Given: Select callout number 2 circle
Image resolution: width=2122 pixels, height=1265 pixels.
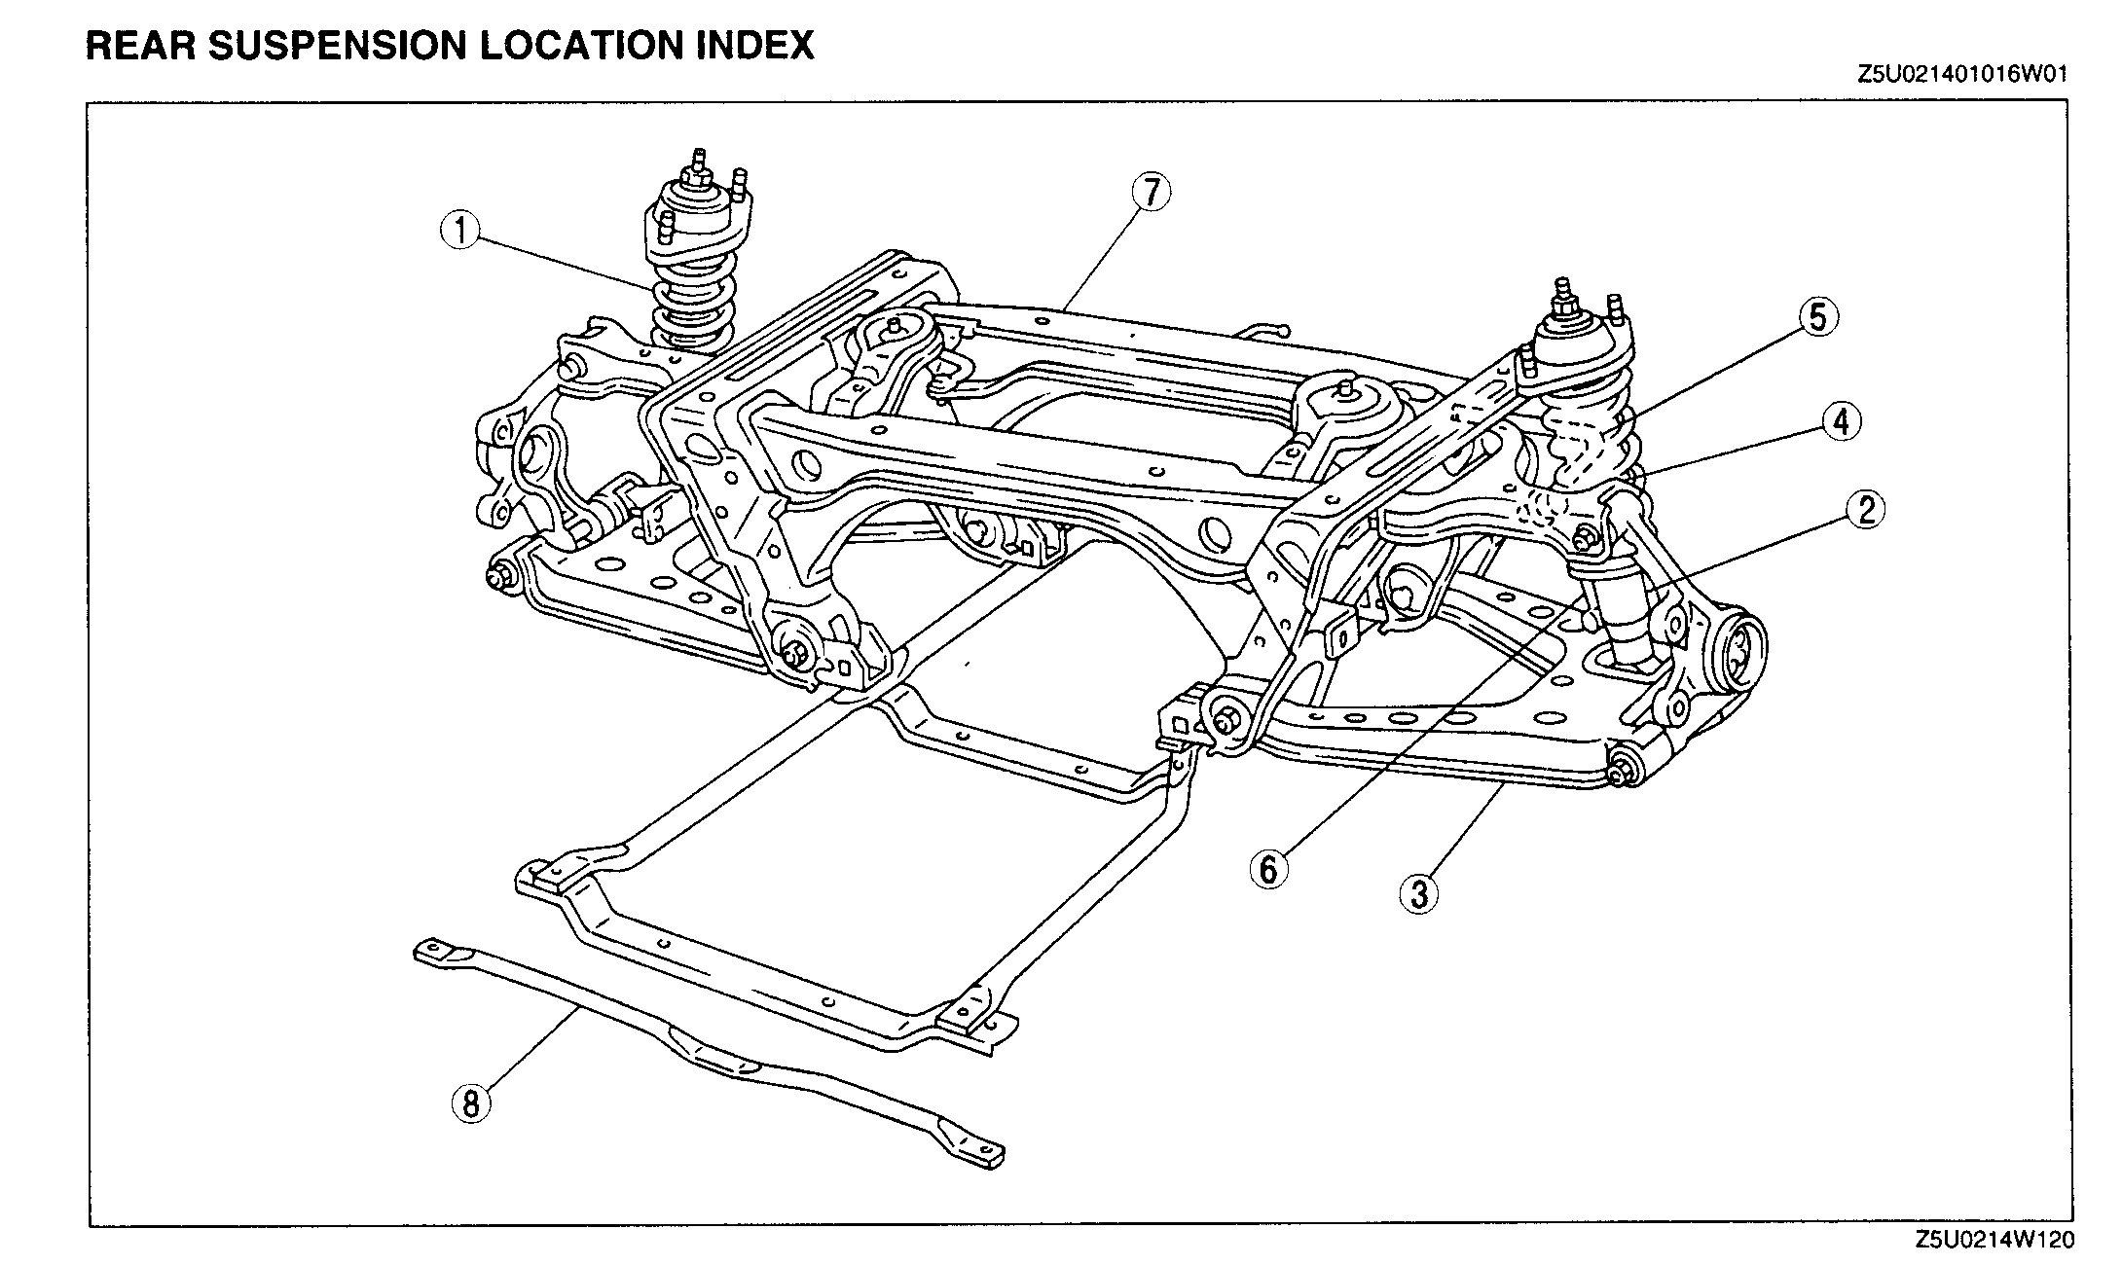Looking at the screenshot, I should tap(1865, 509).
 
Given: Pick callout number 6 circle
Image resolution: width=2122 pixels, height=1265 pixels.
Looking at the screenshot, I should tap(1267, 868).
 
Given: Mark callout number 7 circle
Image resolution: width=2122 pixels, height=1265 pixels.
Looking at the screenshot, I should tap(1150, 193).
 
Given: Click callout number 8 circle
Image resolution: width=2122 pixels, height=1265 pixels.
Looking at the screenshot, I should tap(470, 1103).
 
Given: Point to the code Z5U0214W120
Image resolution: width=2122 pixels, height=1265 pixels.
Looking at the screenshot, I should tap(1994, 1240).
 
